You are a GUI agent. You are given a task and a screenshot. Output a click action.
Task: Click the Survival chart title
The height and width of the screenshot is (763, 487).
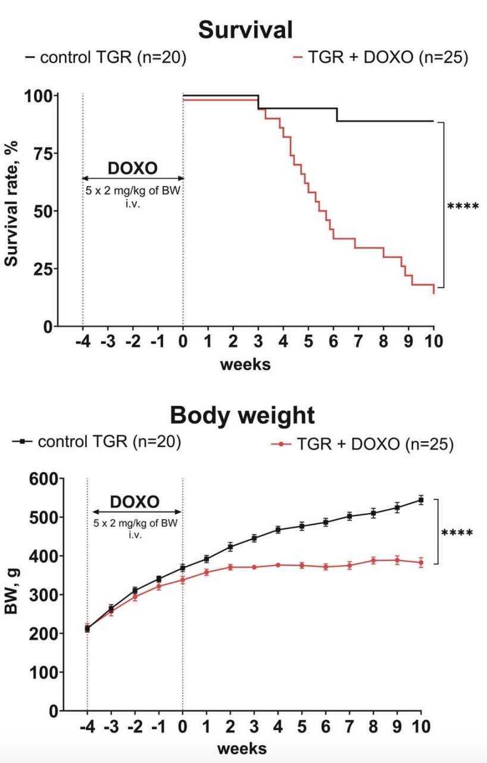pos(245,29)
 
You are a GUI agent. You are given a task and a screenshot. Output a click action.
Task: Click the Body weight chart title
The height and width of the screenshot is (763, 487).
pos(242,415)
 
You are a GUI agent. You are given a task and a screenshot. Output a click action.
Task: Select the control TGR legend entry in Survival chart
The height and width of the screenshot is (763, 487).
pos(105,58)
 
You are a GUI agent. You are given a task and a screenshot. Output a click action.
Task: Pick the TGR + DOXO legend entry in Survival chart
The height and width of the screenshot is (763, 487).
pos(381,58)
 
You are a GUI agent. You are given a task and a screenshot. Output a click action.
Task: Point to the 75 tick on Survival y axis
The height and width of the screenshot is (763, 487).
pos(41,153)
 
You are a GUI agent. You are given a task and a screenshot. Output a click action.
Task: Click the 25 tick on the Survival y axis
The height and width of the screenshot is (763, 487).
pos(41,268)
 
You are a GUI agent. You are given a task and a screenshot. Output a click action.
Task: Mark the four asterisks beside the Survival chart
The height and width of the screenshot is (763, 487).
pos(463,207)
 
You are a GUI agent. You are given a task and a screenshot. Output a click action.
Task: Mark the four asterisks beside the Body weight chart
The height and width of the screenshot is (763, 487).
pos(457,532)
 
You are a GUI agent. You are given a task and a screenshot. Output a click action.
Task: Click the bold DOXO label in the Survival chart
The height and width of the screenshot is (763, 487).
pos(133,168)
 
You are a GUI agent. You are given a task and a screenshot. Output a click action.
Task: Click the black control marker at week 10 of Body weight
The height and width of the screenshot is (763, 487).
pos(421,500)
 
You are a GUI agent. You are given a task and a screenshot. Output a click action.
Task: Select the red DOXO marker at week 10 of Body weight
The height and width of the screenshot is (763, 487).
pos(421,562)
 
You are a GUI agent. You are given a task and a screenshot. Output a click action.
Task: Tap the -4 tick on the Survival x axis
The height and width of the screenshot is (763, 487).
pos(82,342)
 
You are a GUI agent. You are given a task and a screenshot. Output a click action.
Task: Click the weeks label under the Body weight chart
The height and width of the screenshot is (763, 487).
pos(242,749)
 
